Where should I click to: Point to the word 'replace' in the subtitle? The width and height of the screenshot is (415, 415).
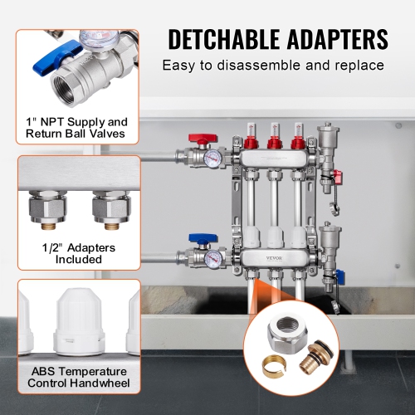358,65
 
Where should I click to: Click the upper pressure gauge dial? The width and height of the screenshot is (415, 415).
212,154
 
